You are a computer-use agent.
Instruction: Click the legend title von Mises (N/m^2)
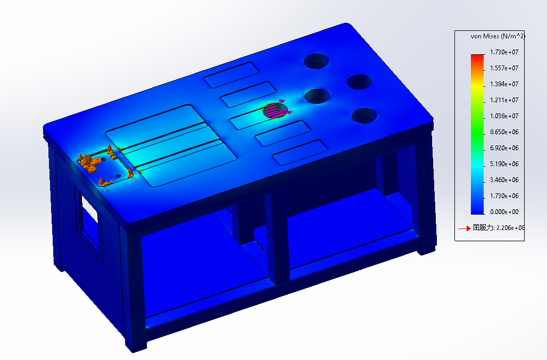point(498,36)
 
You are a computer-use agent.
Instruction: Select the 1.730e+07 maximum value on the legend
point(504,52)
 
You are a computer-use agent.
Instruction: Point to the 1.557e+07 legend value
point(504,68)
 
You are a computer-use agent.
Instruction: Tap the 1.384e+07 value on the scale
point(504,84)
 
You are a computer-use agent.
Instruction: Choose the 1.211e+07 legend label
point(504,100)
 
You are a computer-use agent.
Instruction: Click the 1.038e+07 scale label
point(504,116)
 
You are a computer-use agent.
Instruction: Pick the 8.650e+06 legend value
point(504,132)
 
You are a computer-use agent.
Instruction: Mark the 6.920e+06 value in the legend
point(504,148)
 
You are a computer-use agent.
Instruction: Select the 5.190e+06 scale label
point(504,164)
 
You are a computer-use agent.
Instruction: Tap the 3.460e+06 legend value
point(504,180)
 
